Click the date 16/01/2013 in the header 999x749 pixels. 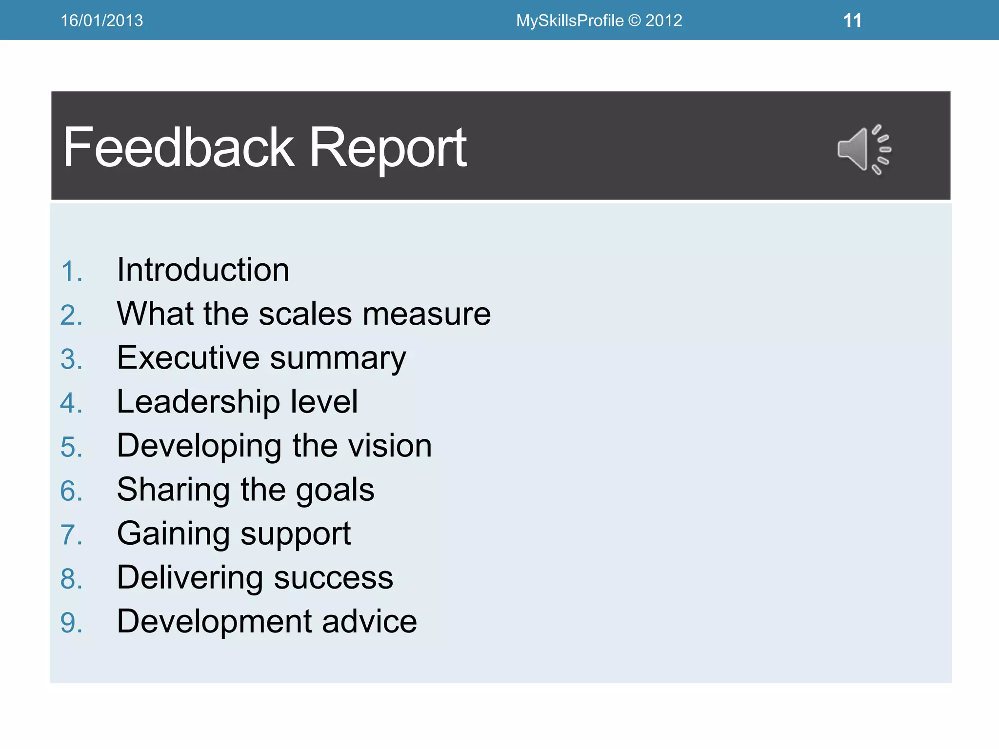tap(101, 20)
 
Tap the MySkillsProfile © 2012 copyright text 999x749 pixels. tap(599, 20)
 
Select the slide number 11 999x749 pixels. tap(852, 20)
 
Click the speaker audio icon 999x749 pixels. tap(863, 149)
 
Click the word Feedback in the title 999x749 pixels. tap(179, 147)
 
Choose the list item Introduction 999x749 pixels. tap(203, 270)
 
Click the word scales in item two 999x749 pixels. tap(305, 314)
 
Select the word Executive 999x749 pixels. tap(188, 357)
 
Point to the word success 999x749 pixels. tap(333, 578)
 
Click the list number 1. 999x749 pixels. tap(71, 271)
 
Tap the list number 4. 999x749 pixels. tap(71, 403)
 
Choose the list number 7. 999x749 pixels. tap(71, 535)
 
